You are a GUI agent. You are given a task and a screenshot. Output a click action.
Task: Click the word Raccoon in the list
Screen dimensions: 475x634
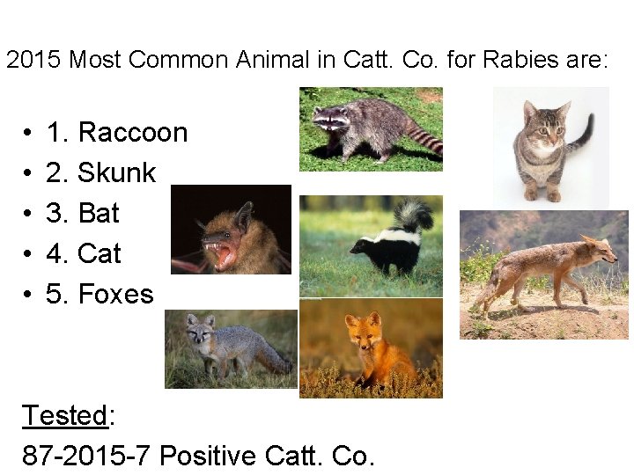pyautogui.click(x=132, y=133)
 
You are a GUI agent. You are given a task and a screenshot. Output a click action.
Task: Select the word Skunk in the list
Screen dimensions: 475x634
pyautogui.click(x=116, y=173)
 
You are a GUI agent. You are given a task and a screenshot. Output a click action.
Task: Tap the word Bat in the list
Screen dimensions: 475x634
pyautogui.click(x=98, y=214)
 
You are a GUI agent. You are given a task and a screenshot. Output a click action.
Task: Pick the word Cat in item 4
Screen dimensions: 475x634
pyautogui.click(x=99, y=254)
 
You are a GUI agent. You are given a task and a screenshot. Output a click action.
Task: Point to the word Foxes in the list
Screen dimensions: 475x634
pyautogui.click(x=115, y=295)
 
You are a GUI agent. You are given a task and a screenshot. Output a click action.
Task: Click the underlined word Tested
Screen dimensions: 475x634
pyautogui.click(x=64, y=415)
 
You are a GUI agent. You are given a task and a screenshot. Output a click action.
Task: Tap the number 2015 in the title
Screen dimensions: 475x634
pyautogui.click(x=34, y=60)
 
